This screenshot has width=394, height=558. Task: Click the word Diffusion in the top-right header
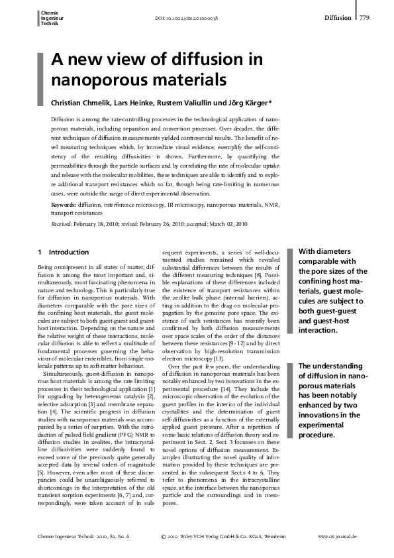point(338,18)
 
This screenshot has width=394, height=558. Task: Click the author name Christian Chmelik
point(79,103)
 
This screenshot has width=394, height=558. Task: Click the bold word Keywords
point(63,206)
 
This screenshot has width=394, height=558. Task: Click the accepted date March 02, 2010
point(228,224)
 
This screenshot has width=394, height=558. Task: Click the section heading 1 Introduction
point(64,252)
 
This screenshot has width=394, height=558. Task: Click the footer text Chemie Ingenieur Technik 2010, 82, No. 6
point(83,535)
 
